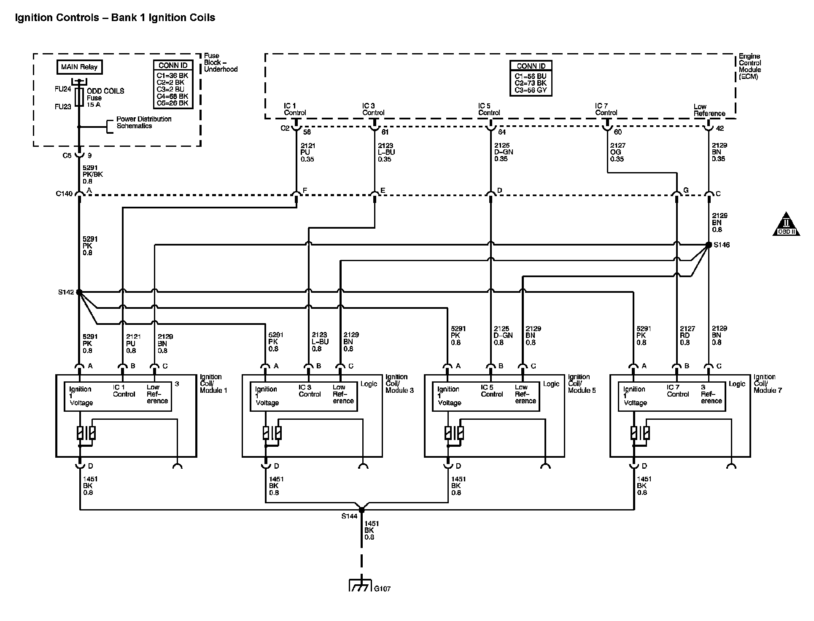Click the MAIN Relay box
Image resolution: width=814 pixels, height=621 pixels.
79,67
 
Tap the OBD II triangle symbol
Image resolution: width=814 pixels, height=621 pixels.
786,224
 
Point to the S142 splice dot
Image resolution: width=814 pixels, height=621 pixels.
79,292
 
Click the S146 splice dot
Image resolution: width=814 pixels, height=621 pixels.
709,245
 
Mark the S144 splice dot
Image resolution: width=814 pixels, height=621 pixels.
361,510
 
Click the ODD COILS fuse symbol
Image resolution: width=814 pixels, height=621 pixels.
79,97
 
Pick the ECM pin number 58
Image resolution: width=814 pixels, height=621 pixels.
307,132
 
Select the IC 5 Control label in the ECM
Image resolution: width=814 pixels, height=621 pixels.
489,109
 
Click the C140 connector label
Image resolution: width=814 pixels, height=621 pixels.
64,194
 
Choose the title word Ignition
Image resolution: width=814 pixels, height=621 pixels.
34,18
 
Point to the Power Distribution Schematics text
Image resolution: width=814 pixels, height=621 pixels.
143,122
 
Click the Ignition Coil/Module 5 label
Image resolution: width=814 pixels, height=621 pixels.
582,383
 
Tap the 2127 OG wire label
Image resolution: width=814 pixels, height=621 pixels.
617,152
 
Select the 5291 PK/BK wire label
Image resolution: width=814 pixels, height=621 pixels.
93,174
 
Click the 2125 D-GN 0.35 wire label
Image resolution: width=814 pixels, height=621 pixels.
504,152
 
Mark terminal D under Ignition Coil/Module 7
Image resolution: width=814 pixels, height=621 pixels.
644,466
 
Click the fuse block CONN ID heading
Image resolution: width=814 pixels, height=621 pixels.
173,65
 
